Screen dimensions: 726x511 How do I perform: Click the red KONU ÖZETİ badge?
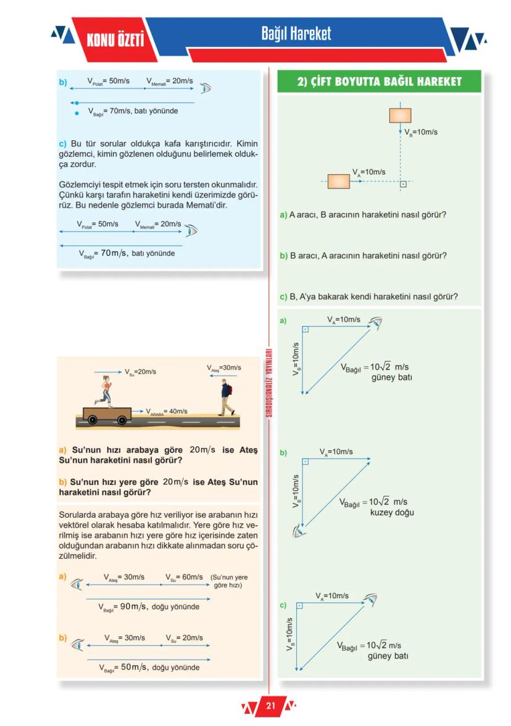tap(115, 40)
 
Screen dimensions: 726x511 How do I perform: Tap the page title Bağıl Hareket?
tap(296, 33)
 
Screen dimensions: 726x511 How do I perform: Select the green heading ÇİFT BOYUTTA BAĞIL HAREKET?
tap(379, 82)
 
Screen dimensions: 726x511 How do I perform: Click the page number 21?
tap(270, 706)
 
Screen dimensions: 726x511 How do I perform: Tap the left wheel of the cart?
tap(92, 420)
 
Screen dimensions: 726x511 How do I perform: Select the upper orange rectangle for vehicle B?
tap(400, 115)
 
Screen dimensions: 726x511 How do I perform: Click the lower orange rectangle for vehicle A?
tap(338, 182)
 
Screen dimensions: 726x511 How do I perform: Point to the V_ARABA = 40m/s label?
tap(166, 411)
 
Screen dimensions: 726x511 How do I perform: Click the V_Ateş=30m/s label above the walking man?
tap(224, 368)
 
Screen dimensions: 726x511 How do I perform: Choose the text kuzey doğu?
tap(392, 512)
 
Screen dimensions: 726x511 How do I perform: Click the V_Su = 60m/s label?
tap(184, 577)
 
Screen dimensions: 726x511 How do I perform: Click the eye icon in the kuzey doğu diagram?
tap(300, 530)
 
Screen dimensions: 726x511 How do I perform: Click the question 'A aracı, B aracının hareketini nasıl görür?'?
tap(363, 215)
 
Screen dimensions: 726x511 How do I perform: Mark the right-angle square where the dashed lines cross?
tap(402, 184)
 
